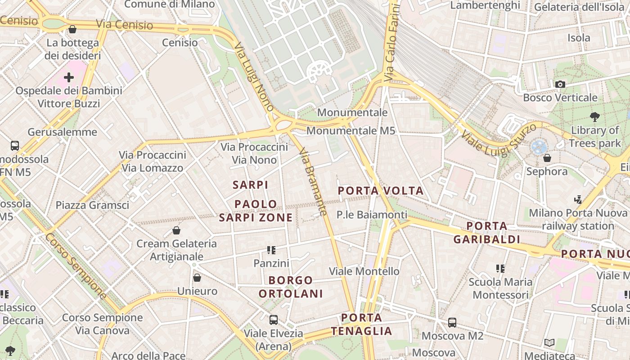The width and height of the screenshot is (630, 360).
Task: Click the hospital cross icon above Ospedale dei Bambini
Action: tap(69, 77)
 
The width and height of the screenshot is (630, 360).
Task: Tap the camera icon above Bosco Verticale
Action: tap(560, 84)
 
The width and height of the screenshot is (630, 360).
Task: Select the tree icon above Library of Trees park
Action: tap(595, 117)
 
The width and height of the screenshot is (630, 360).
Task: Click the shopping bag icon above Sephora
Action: tap(547, 158)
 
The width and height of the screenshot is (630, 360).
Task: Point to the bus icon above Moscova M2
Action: tap(452, 323)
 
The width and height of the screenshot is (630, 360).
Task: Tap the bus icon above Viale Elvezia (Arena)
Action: tap(273, 320)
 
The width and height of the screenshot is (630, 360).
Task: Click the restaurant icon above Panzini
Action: tap(271, 250)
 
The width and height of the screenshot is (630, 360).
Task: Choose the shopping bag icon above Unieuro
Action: tap(197, 278)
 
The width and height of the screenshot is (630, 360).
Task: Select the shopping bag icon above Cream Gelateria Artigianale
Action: tap(176, 230)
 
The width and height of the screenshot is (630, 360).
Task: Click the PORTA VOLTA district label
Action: tap(381, 190)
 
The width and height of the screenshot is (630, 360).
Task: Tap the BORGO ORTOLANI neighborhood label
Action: tap(291, 287)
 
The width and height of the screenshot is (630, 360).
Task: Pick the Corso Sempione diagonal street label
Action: tap(76, 266)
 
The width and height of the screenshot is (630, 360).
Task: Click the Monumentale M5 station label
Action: tap(351, 131)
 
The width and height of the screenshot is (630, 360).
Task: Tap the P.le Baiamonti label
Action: tap(372, 215)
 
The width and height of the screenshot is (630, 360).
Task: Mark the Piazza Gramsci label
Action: tap(92, 205)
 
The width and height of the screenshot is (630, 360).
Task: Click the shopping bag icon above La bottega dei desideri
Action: tap(72, 30)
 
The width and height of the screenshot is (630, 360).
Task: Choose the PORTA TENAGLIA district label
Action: tap(362, 324)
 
